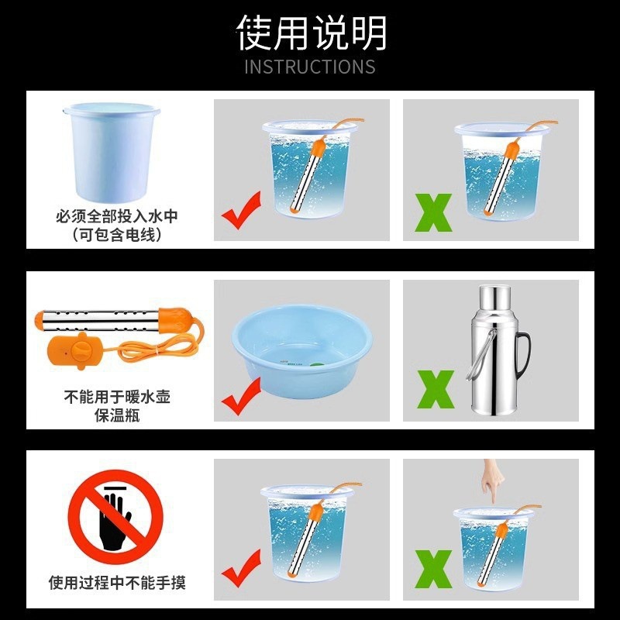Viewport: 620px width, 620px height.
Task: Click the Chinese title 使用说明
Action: pyautogui.click(x=310, y=33)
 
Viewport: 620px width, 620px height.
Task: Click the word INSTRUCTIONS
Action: pyautogui.click(x=310, y=67)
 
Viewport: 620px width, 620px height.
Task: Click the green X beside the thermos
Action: pyautogui.click(x=436, y=390)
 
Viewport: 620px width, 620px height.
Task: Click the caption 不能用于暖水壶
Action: pyautogui.click(x=116, y=398)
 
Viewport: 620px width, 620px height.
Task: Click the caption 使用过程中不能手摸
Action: pyautogui.click(x=116, y=582)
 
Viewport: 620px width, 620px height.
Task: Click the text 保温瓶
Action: pyautogui.click(x=116, y=416)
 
